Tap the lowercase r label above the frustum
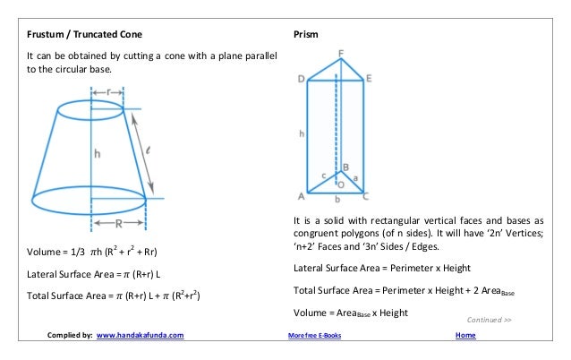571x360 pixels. [109, 92]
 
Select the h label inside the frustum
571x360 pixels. [98, 153]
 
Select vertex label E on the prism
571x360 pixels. [370, 79]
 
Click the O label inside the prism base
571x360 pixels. [341, 184]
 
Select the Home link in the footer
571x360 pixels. [465, 336]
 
